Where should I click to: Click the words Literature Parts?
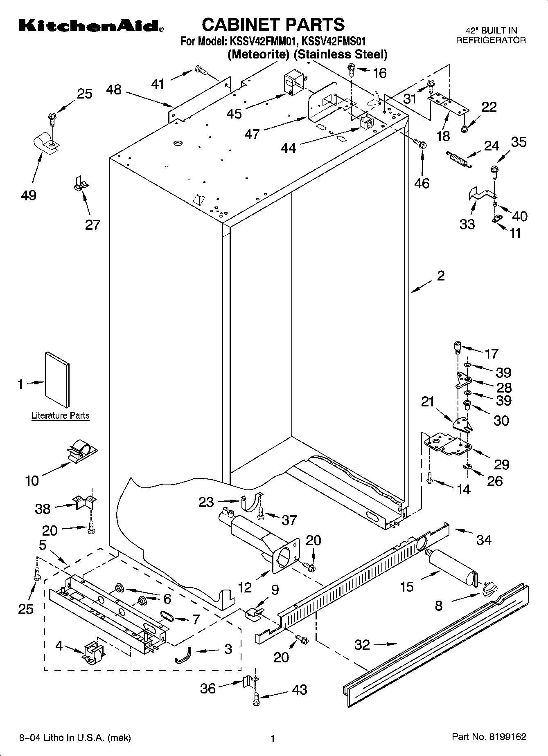[x=60, y=416]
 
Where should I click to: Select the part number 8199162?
[x=506, y=737]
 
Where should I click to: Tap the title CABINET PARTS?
[x=273, y=25]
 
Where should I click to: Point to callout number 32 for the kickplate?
[x=362, y=645]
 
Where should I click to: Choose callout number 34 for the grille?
[x=484, y=540]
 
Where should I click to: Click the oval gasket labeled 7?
[x=167, y=615]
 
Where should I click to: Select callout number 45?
[x=234, y=113]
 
